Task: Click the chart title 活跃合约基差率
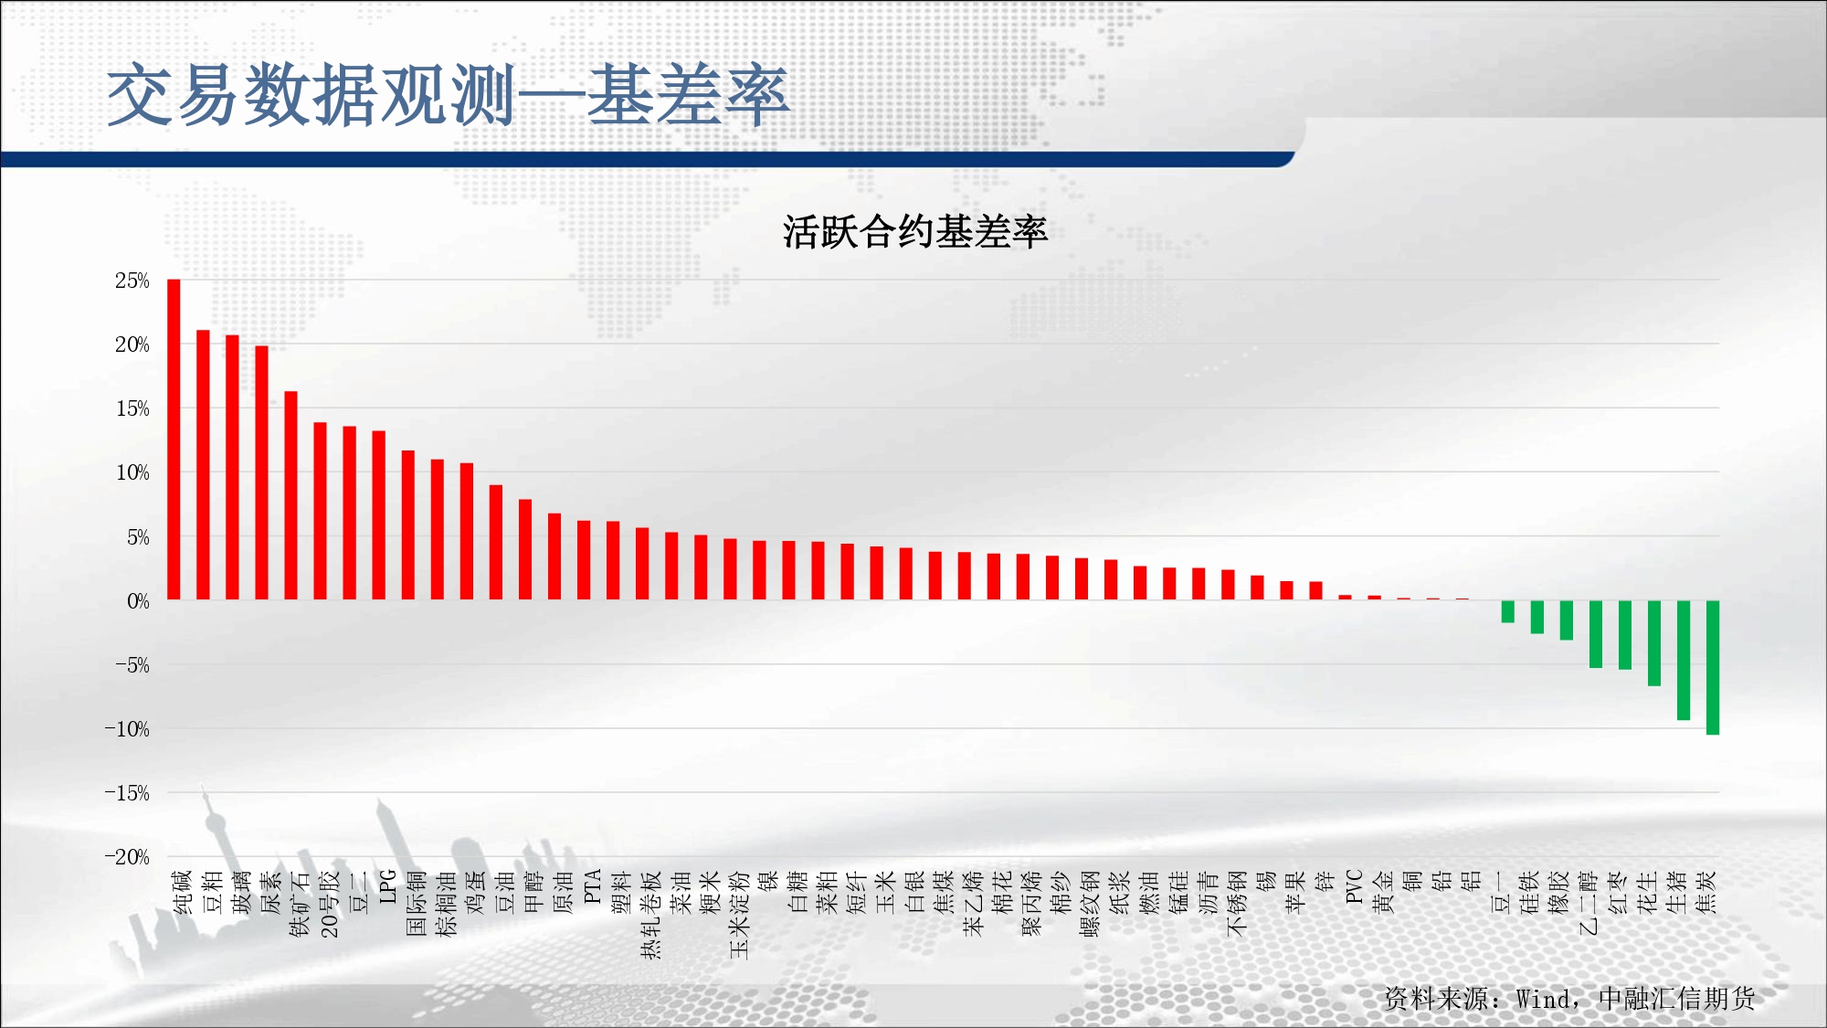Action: [914, 232]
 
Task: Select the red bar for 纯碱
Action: [174, 440]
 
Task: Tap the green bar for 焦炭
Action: [1713, 667]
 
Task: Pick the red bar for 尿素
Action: [261, 472]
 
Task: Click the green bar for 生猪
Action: [1684, 660]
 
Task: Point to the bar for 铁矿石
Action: [290, 495]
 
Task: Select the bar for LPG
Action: [378, 515]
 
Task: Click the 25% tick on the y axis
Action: [132, 281]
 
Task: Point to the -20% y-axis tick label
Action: [127, 857]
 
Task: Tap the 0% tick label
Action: [139, 601]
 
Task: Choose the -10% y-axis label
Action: [127, 729]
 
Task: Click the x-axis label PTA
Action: [593, 886]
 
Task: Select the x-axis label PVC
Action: [1354, 886]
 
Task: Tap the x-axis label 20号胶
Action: [329, 904]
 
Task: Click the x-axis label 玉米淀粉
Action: [739, 915]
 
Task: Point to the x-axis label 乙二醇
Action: [1589, 903]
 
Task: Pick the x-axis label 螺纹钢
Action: [1090, 904]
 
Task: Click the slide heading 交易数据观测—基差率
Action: [448, 94]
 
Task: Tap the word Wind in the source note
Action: [1543, 999]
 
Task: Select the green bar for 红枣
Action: [1625, 635]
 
